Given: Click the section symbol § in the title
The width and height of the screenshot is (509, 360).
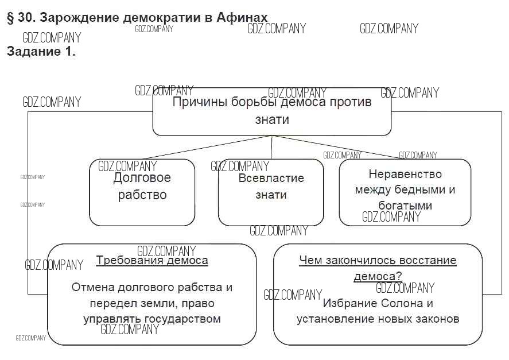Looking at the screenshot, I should [x=10, y=17].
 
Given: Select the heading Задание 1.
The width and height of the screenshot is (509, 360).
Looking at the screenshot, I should [x=41, y=51].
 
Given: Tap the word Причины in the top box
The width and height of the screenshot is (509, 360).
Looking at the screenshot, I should [x=199, y=103].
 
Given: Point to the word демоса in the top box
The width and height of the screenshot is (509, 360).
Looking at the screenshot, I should [x=304, y=103].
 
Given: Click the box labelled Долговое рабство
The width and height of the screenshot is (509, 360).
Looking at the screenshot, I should [x=142, y=192].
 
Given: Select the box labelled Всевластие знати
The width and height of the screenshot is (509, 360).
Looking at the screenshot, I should [x=271, y=192].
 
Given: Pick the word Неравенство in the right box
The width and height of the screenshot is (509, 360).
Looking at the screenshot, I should [x=405, y=174].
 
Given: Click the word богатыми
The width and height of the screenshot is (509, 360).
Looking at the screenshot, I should [x=405, y=205].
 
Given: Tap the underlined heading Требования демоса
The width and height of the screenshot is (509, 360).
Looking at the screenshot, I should [x=152, y=261].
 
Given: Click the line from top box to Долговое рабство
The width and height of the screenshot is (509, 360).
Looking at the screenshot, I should [x=207, y=148].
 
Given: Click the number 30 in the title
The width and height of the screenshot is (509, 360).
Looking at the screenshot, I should [x=25, y=17].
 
